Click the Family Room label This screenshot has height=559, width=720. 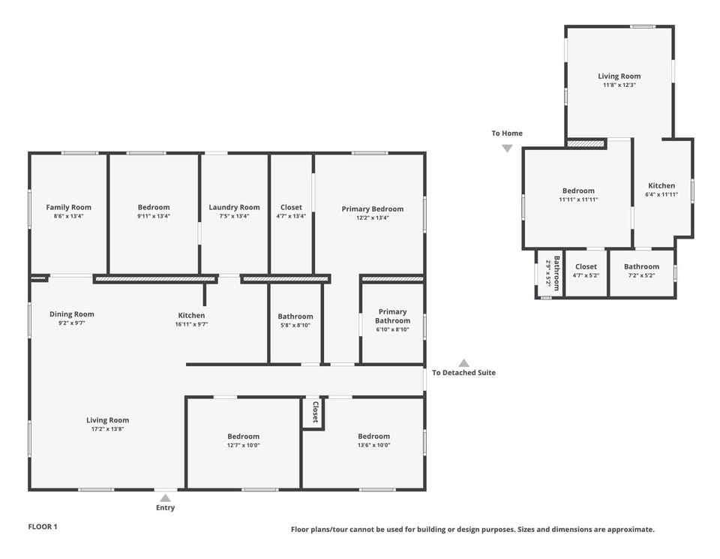point(68,207)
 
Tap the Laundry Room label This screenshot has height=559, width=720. point(234,207)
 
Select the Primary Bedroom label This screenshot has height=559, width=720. point(372,209)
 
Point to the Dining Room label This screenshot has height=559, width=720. point(72,314)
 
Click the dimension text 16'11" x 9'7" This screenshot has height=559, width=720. point(191,324)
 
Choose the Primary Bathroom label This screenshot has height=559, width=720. point(392,316)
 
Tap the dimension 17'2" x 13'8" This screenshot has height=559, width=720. point(107,429)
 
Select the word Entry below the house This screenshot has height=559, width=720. point(165,508)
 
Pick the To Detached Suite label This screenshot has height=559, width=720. point(463,373)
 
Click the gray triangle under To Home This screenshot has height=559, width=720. point(507,149)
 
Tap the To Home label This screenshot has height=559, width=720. point(507,134)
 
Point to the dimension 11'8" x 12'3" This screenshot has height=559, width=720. point(619,85)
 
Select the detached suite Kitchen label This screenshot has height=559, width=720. point(661,186)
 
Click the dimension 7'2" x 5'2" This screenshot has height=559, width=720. point(641,275)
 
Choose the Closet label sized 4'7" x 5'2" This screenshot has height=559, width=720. point(586,266)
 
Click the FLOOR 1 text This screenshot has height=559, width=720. point(43,527)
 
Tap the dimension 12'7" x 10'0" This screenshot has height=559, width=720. point(243,445)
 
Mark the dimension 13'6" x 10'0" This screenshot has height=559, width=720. point(373,445)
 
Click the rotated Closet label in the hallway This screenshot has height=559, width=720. point(315,412)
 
